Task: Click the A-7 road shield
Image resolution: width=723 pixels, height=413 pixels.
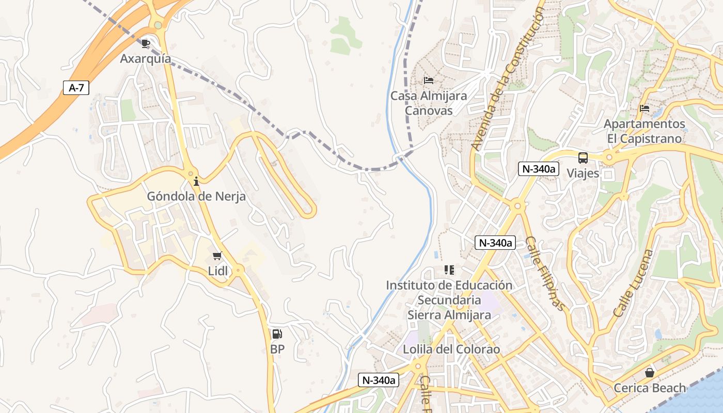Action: pyautogui.click(x=76, y=88)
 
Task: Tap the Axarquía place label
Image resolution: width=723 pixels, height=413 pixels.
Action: pyautogui.click(x=146, y=59)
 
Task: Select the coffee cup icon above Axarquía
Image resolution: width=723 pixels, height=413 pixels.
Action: pyautogui.click(x=146, y=43)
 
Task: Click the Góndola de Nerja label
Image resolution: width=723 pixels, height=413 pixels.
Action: pyautogui.click(x=196, y=197)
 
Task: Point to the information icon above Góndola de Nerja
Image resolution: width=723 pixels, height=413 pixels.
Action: pyautogui.click(x=196, y=181)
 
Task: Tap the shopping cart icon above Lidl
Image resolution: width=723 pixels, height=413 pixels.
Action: pyautogui.click(x=217, y=256)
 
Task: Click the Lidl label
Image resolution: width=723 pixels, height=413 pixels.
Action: pyautogui.click(x=217, y=271)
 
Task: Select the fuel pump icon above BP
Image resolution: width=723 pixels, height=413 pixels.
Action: pyautogui.click(x=277, y=334)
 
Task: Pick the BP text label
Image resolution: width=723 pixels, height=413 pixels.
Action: pyautogui.click(x=277, y=350)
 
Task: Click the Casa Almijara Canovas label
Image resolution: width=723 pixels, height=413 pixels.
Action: pyautogui.click(x=429, y=103)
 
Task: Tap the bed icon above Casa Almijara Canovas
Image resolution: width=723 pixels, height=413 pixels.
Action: pyautogui.click(x=429, y=81)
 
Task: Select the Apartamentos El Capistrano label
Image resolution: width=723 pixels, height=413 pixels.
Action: pyautogui.click(x=645, y=132)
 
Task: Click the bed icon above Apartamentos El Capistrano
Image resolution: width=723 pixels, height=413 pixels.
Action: pyautogui.click(x=645, y=108)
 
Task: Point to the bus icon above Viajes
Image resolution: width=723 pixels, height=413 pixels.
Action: pyautogui.click(x=583, y=158)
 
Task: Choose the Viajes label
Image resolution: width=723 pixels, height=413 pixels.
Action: pyautogui.click(x=583, y=173)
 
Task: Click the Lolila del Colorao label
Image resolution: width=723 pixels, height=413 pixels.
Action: pyautogui.click(x=451, y=350)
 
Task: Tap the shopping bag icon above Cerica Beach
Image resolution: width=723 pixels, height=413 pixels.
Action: pyautogui.click(x=650, y=373)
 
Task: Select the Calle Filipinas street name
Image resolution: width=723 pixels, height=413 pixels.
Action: pyautogui.click(x=545, y=274)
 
